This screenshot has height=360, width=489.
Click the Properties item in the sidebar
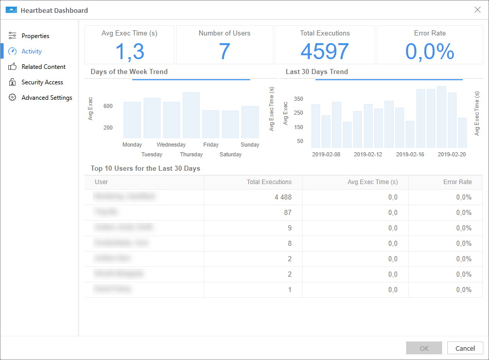[35, 36]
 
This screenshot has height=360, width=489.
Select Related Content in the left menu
[43, 67]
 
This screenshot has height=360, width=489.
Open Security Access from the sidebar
[42, 82]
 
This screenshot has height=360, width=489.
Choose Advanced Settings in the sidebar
[46, 98]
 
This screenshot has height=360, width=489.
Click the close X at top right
[477, 10]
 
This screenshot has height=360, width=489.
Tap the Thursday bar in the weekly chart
[191, 115]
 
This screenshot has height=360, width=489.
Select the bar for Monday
[132, 120]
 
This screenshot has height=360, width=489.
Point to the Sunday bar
[250, 122]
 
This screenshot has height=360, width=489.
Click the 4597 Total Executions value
[325, 51]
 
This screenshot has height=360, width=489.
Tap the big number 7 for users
[224, 51]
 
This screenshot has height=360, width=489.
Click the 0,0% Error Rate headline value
[430, 51]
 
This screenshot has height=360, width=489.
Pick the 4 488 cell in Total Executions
[283, 197]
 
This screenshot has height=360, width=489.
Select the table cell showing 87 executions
[287, 212]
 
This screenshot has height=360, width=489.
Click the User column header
[101, 182]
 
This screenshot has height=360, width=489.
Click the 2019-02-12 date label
[368, 154]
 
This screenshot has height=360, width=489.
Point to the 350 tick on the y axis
[299, 99]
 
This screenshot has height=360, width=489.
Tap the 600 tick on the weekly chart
[108, 106]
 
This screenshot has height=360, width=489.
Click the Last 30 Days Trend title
[317, 72]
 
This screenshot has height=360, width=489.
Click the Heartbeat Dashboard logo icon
[11, 10]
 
